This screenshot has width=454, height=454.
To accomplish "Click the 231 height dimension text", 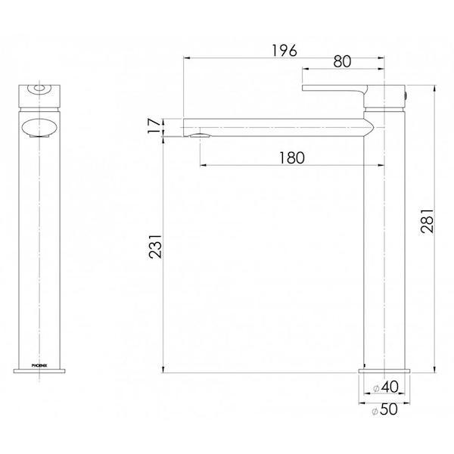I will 154,246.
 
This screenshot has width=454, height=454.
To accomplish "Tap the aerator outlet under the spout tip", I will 200,136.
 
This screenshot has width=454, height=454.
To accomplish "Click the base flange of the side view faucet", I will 386,370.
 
